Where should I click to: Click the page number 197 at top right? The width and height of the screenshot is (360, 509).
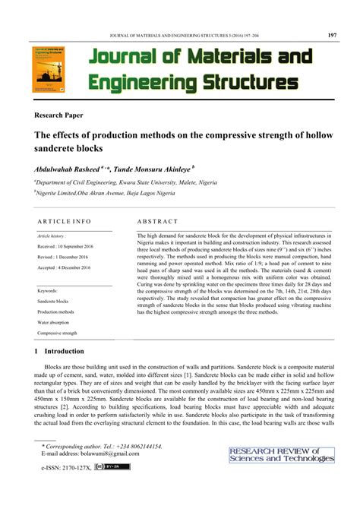[x=331, y=34]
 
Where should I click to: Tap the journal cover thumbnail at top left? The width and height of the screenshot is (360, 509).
[x=48, y=70]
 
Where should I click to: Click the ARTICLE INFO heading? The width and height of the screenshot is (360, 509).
[x=65, y=222]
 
